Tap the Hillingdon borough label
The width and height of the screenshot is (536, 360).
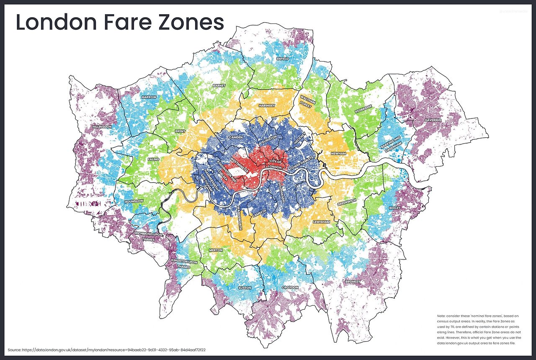click(x=102, y=126)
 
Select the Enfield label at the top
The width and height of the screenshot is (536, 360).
click(x=283, y=59)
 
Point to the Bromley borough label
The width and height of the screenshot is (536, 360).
click(x=352, y=282)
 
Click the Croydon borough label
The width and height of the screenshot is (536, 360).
click(x=290, y=288)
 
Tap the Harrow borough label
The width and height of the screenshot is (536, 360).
click(x=149, y=97)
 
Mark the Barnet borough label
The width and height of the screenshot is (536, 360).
click(x=219, y=86)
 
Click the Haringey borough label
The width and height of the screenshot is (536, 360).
click(x=267, y=106)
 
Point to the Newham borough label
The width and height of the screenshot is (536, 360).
click(x=338, y=154)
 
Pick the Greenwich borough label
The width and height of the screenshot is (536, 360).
click(x=347, y=201)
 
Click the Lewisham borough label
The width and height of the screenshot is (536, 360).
click(x=321, y=222)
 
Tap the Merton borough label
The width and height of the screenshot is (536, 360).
click(x=216, y=250)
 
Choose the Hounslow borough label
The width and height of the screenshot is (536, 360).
click(x=134, y=201)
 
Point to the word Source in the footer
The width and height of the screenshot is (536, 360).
click(x=14, y=350)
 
